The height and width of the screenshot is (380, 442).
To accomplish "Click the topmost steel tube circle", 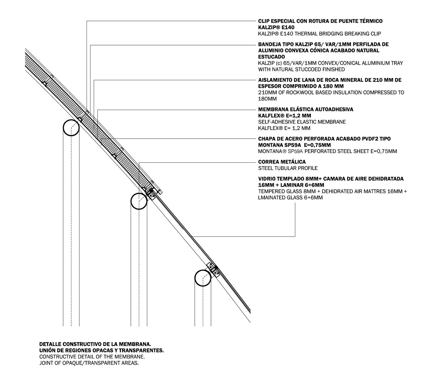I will coord(71,128).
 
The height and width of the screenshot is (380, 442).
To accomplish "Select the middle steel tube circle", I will coord(139,201).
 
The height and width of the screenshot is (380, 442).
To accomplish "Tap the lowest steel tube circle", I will coord(203,278).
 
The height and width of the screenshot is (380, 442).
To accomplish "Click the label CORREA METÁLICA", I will coord(282,162).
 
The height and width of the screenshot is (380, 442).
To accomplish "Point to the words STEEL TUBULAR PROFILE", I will coord(288,168).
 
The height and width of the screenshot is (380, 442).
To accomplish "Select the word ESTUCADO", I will coord(271,57).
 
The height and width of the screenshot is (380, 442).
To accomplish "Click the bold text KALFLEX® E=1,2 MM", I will coord(284,116).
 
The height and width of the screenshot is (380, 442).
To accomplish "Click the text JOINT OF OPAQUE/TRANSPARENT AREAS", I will coord(89,363).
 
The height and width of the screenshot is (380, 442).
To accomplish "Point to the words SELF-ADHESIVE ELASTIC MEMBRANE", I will coord(302,122).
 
